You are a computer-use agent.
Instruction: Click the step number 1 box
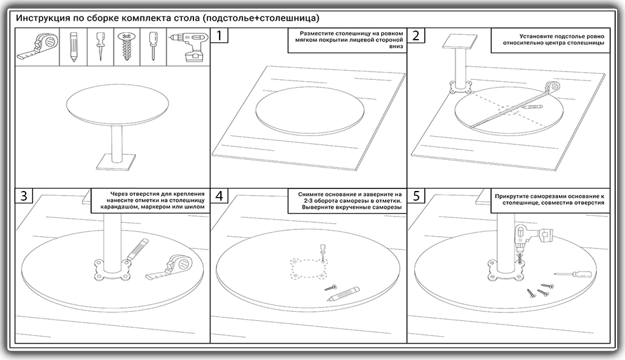220,36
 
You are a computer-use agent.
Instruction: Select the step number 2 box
416,36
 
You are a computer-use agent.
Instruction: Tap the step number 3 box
23,196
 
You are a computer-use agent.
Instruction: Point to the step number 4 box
220,196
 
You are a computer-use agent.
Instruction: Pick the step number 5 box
416,196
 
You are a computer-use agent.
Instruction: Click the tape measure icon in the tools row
37,47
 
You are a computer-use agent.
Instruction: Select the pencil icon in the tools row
73,47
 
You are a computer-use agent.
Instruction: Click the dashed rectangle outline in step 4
307,268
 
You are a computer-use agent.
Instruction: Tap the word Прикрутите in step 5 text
517,195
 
